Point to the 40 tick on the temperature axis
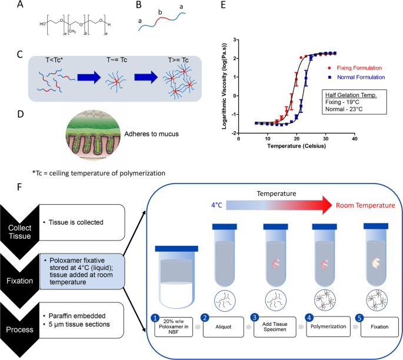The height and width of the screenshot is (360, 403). (x=354, y=139)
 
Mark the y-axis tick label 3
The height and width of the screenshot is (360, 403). (x=234, y=39)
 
